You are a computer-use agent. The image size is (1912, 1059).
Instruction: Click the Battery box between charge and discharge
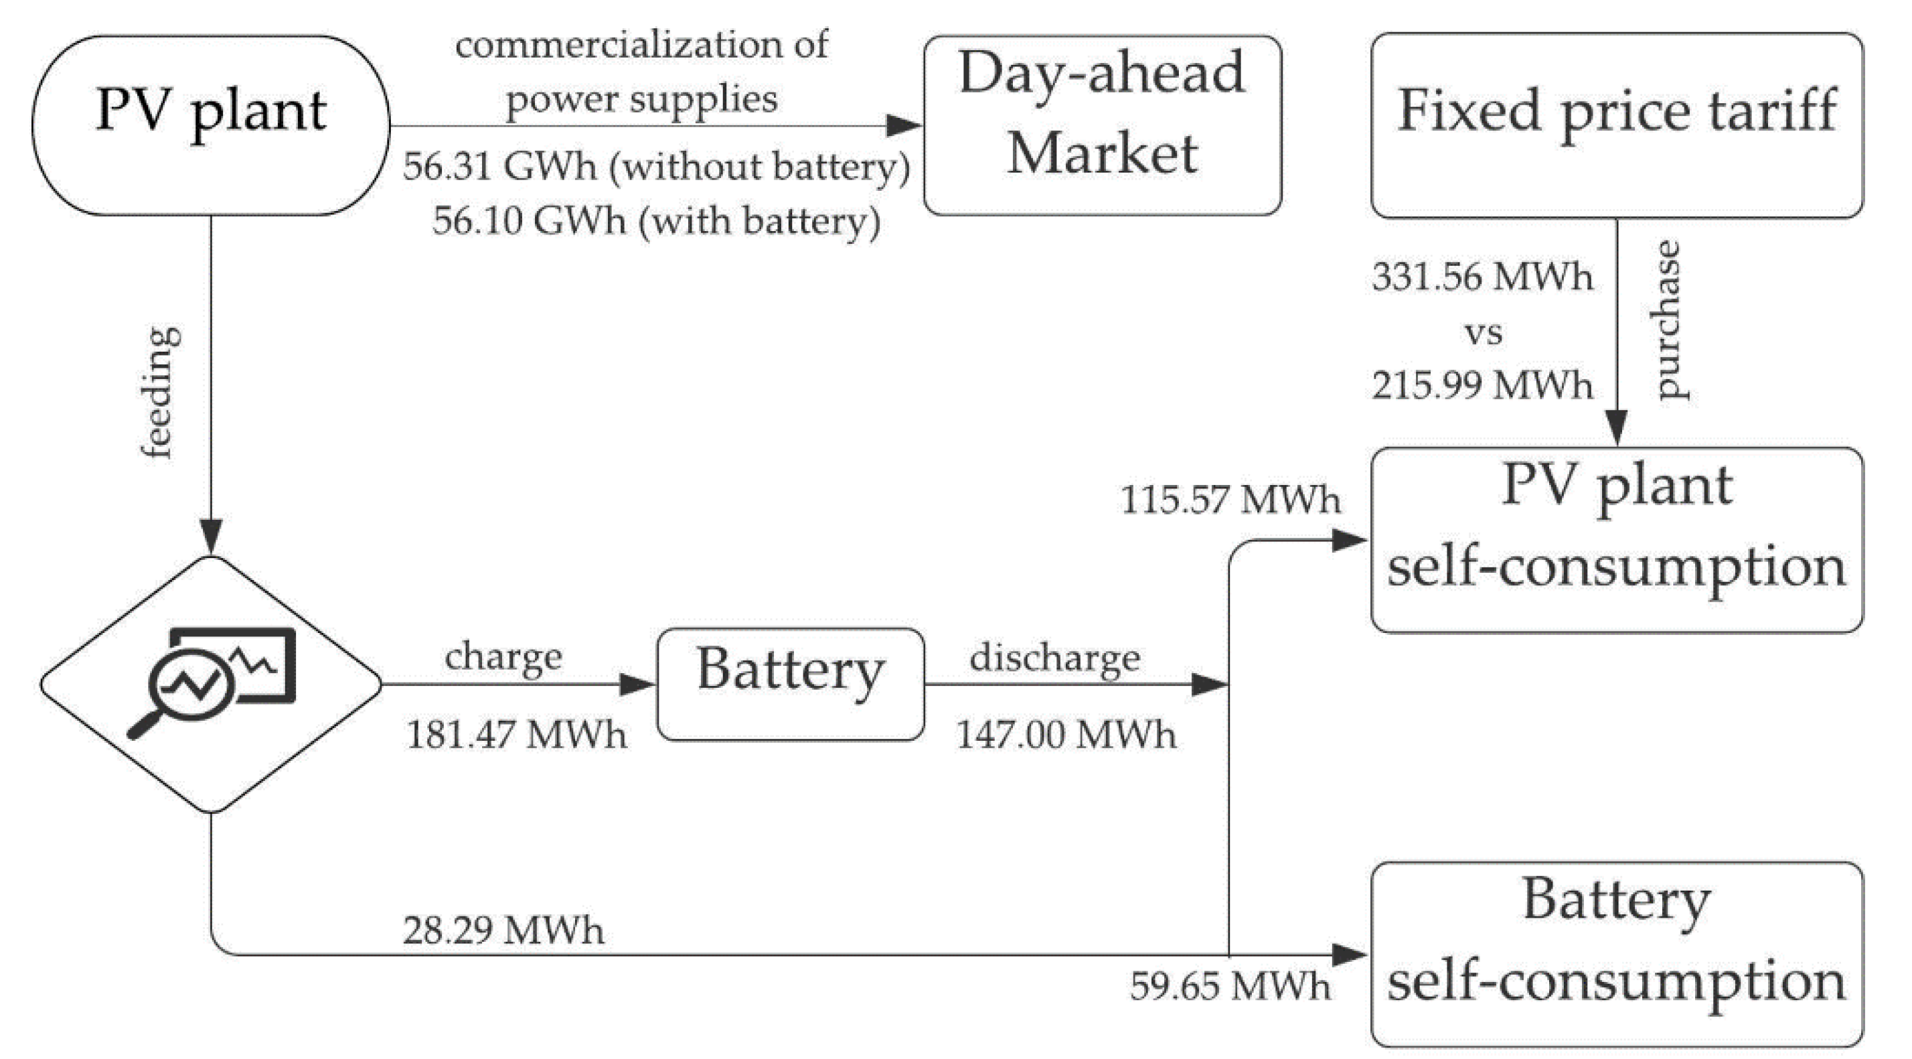(x=790, y=684)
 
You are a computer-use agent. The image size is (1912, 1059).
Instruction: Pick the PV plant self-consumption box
(x=1616, y=540)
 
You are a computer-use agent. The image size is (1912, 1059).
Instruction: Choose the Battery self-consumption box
(x=1616, y=954)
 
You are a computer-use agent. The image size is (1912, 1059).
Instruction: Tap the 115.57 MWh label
(x=1230, y=499)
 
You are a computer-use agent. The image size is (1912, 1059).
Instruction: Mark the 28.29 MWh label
(x=503, y=930)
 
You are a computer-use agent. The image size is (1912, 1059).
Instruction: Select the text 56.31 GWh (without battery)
(x=656, y=166)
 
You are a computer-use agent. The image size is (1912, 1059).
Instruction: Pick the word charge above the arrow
(x=503, y=657)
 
